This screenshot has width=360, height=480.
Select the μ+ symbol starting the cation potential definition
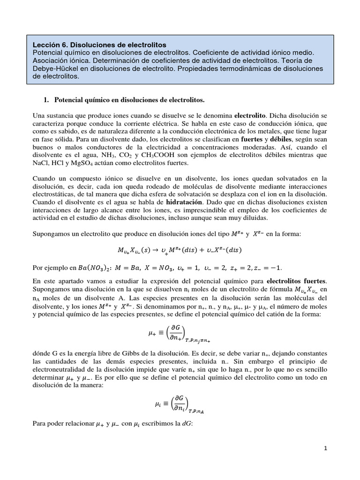coord(151,333)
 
